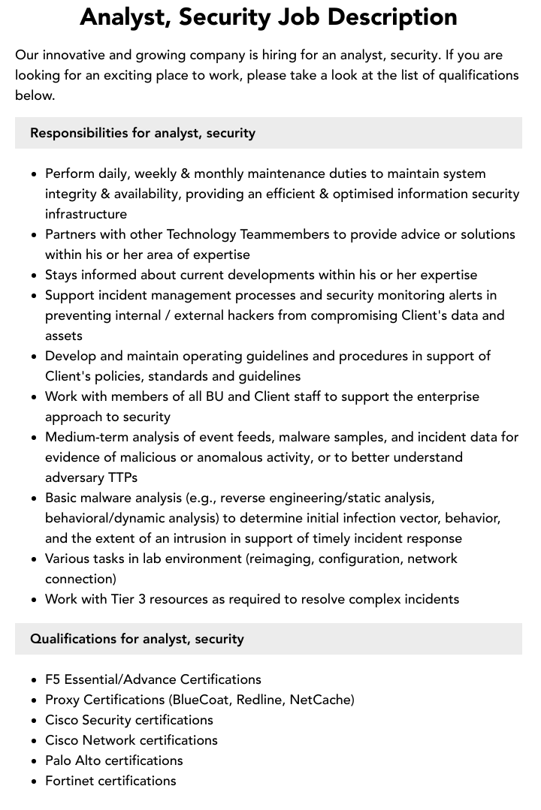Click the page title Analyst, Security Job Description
click(268, 17)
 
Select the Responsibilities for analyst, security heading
click(143, 133)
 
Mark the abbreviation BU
click(215, 396)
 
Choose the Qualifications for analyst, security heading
click(137, 639)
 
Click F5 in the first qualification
click(53, 679)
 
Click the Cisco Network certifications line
click(131, 740)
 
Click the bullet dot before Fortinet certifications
click(35, 781)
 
